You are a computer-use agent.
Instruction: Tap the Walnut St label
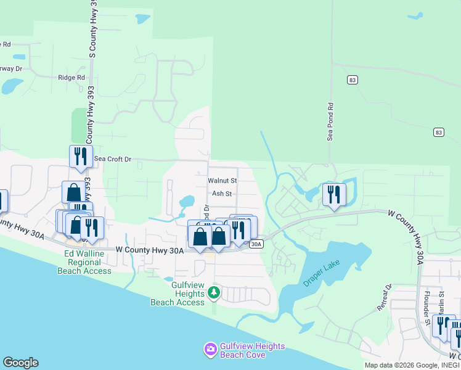[222, 181]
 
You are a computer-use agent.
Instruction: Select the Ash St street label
[221, 194]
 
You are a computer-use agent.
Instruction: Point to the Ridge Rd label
[71, 78]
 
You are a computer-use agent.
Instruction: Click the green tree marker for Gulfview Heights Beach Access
[213, 292]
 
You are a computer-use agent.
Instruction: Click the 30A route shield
[257, 244]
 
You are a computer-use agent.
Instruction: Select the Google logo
[20, 363]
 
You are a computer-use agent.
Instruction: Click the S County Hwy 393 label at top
[92, 30]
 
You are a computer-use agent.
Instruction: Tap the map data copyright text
[412, 365]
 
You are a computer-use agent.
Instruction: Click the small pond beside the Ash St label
[186, 202]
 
